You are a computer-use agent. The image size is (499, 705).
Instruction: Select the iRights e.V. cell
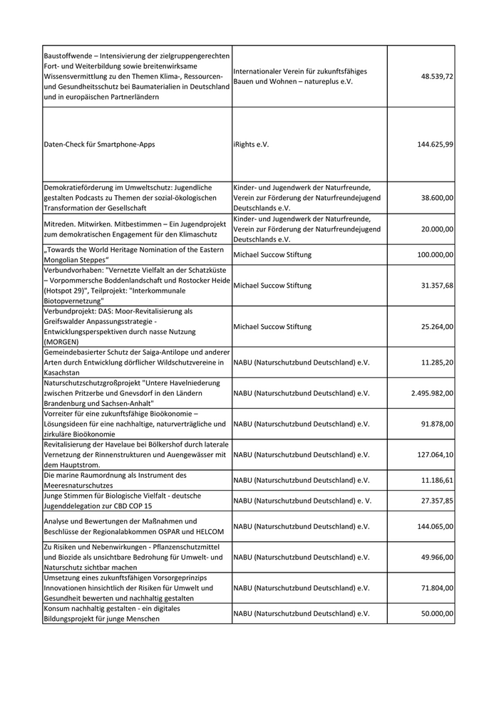pyautogui.click(x=251, y=144)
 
